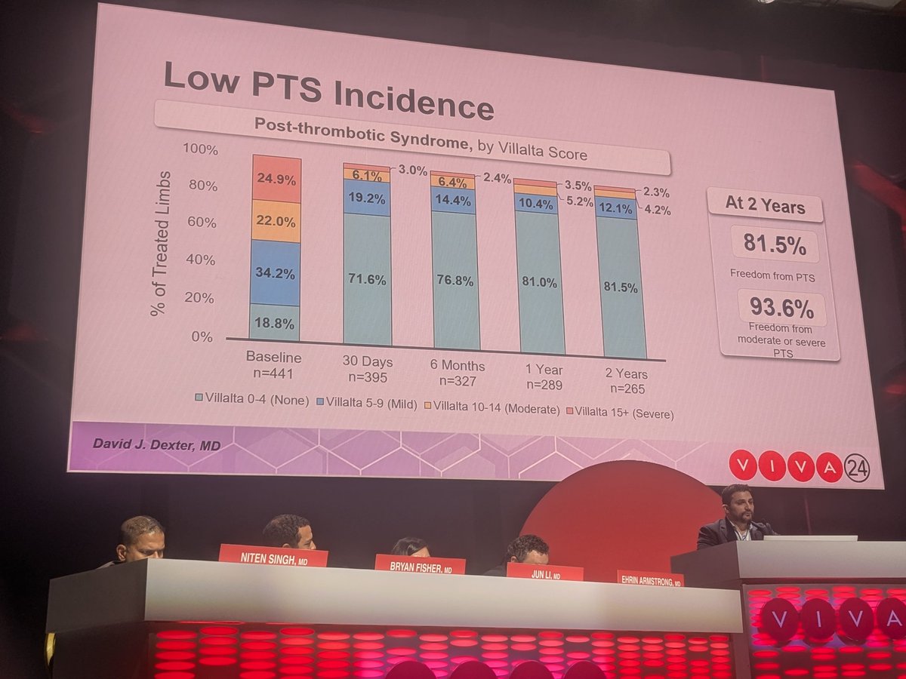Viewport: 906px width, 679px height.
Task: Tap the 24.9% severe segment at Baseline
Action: [x=275, y=180]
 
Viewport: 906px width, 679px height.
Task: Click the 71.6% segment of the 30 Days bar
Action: [x=367, y=279]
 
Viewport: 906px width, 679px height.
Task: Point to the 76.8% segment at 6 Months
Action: [x=455, y=281]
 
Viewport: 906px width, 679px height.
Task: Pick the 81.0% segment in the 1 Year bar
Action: [x=539, y=282]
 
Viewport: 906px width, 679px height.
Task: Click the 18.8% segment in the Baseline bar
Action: [x=275, y=322]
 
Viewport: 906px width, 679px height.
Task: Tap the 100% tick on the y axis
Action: [x=200, y=149]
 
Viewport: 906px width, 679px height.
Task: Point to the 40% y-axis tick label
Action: [x=200, y=260]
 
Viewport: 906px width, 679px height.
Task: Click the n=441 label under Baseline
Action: [x=273, y=372]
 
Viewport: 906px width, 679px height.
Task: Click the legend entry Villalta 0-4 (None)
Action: [x=251, y=401]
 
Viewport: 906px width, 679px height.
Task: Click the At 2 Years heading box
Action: [x=764, y=205]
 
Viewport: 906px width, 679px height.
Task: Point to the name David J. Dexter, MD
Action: [x=156, y=446]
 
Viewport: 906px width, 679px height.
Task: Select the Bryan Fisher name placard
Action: [x=420, y=565]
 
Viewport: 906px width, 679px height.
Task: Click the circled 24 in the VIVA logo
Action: [x=857, y=468]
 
